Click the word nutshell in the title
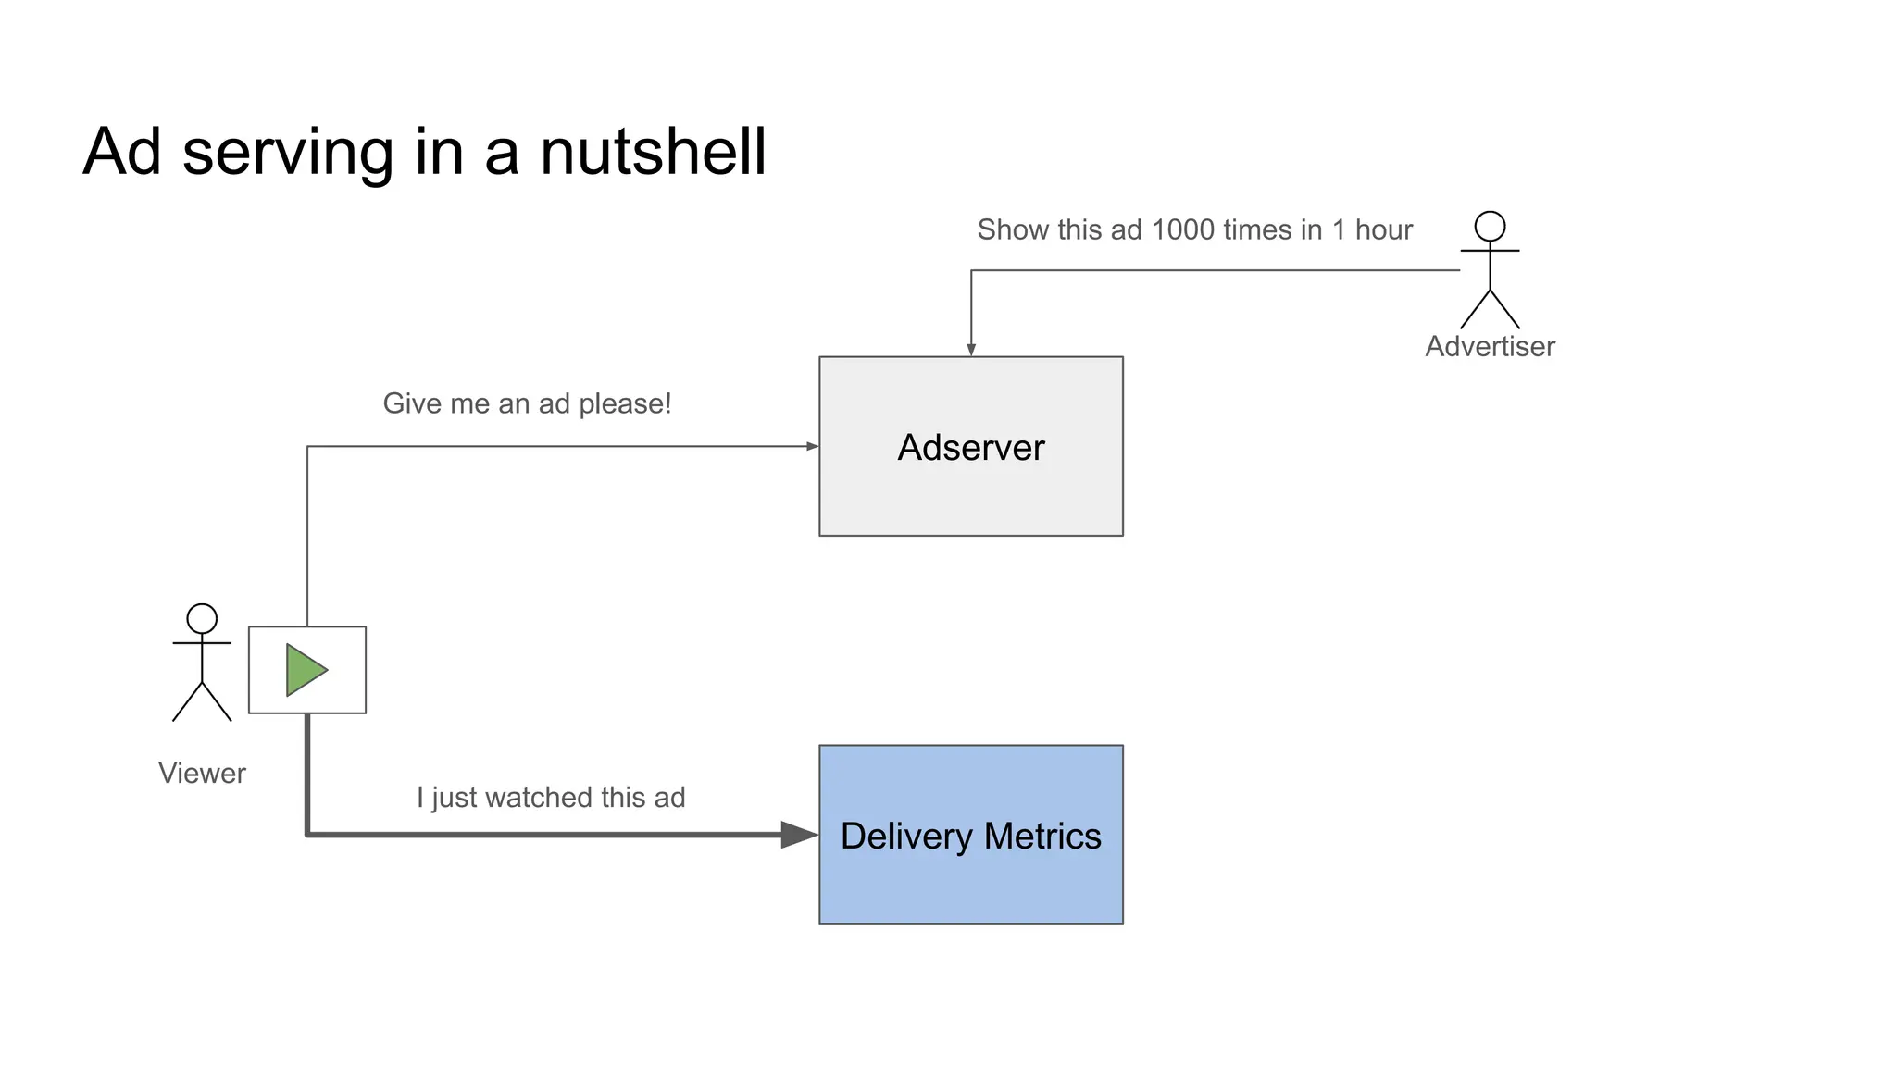point(653,152)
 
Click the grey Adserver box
point(970,490)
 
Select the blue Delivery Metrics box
point(970,879)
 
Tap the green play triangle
point(305,670)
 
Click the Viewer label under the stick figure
point(202,773)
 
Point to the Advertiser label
point(1490,346)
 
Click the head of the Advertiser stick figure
point(1490,227)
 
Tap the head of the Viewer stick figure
point(202,618)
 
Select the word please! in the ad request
point(625,404)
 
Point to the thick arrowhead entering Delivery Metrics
point(798,835)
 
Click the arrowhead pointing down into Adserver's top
point(971,350)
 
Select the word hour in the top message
point(1383,229)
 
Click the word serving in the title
point(288,152)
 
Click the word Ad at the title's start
point(122,152)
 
